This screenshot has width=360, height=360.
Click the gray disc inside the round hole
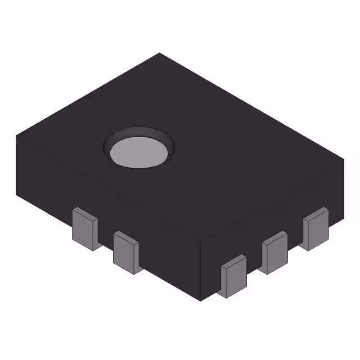(138, 152)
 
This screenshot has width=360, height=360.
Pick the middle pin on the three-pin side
(274, 254)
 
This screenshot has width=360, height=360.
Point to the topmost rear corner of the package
(160, 53)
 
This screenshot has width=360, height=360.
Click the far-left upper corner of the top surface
(17, 136)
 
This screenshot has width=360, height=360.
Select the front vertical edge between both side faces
(202, 270)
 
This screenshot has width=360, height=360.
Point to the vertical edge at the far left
(17, 163)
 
